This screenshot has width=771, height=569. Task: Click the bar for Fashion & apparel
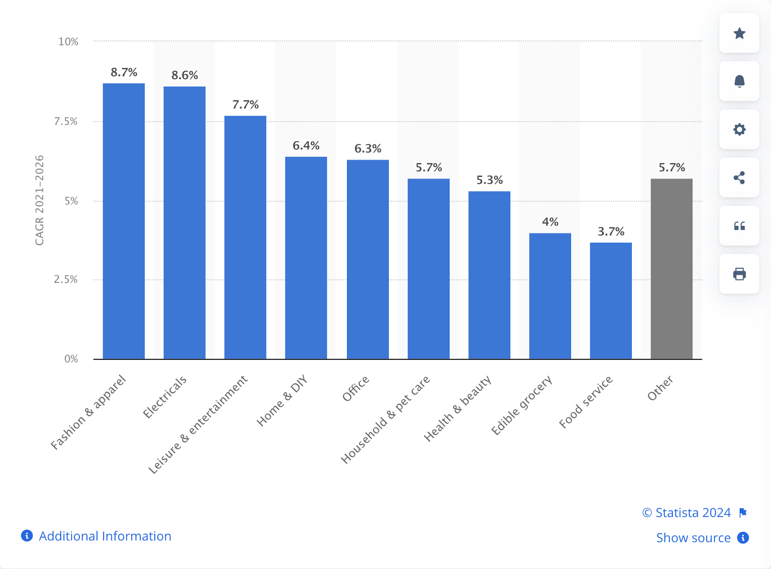(x=124, y=221)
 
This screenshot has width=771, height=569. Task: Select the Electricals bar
(x=185, y=223)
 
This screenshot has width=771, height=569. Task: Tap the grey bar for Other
(x=671, y=269)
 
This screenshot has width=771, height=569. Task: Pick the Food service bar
(x=611, y=301)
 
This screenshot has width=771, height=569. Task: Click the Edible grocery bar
(x=550, y=296)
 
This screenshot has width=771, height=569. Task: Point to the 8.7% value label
(x=124, y=72)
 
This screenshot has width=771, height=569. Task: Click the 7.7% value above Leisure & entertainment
(x=245, y=105)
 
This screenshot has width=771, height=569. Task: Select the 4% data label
(x=550, y=222)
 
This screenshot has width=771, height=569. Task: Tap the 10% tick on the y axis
(x=68, y=42)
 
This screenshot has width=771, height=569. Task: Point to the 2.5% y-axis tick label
(x=66, y=279)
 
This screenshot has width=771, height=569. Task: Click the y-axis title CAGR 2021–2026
(x=40, y=200)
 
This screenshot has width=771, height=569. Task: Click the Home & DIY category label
(x=282, y=401)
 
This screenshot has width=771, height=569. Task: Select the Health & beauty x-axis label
(x=458, y=408)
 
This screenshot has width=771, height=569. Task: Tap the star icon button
(x=739, y=33)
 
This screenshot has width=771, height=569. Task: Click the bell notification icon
(x=739, y=81)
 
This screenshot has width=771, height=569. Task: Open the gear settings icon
(x=739, y=130)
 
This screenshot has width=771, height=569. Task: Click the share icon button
(x=739, y=178)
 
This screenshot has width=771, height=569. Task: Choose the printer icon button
(x=739, y=274)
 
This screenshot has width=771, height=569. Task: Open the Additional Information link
(x=105, y=536)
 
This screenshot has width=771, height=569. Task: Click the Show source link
(x=693, y=538)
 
